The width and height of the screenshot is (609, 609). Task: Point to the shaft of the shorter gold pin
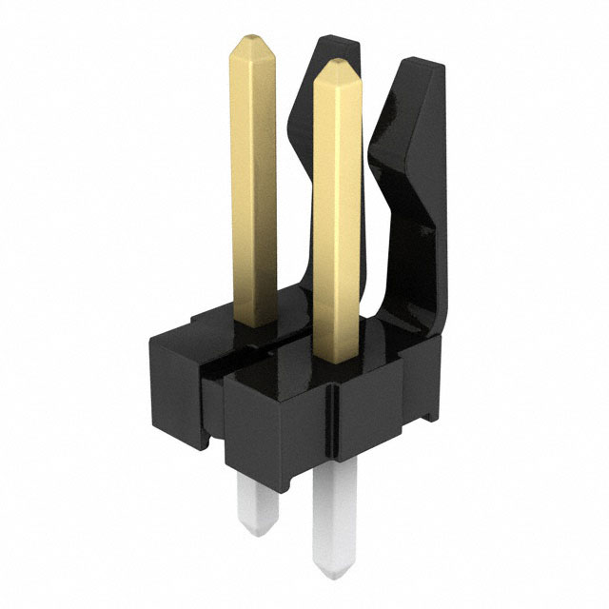pos(335,219)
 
